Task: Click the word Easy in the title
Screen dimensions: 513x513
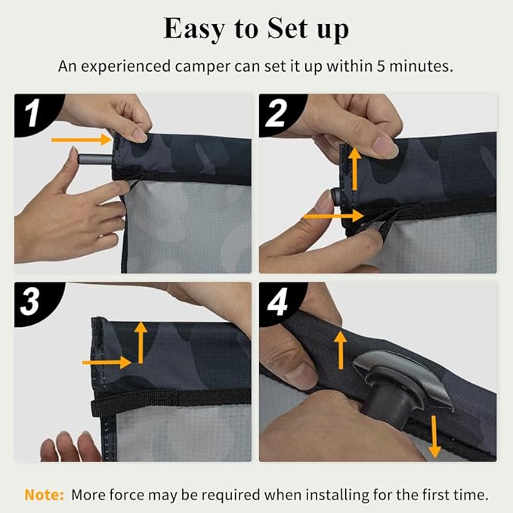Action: (x=194, y=29)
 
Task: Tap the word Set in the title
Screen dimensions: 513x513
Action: (x=288, y=28)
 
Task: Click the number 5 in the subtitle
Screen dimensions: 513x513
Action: (x=381, y=66)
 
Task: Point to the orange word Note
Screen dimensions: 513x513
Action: (x=44, y=494)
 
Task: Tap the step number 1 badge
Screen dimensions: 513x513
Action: (x=32, y=113)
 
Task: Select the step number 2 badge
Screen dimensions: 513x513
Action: (x=277, y=113)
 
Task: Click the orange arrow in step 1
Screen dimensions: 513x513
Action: (x=82, y=140)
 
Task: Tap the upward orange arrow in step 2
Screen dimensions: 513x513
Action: (x=354, y=168)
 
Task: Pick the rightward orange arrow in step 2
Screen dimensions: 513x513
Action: (x=333, y=216)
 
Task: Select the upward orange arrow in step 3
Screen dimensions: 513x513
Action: (x=141, y=342)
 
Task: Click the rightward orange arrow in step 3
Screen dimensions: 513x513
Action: (x=107, y=363)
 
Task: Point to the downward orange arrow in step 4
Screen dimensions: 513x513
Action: (x=434, y=437)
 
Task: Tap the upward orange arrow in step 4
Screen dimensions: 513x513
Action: (x=341, y=350)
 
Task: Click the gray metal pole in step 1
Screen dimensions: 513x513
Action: (x=95, y=159)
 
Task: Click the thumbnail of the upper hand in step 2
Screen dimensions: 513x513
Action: (x=386, y=148)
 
